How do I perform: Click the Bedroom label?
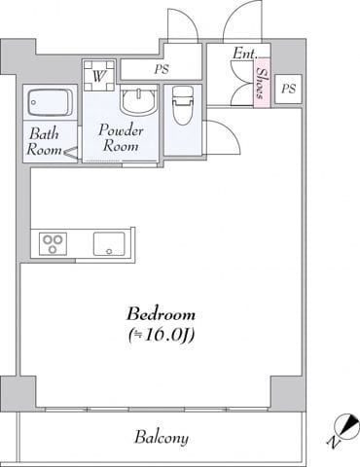(161, 314)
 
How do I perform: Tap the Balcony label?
(162, 437)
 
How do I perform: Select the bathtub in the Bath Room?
(51, 102)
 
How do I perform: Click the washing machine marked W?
(99, 75)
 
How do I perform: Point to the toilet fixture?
(182, 105)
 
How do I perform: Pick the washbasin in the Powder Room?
(139, 100)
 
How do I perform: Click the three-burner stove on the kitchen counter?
(54, 244)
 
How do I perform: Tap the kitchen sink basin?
(109, 244)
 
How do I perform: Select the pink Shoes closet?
(262, 83)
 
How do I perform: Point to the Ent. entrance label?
(245, 54)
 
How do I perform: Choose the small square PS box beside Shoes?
(288, 89)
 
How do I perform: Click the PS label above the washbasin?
(162, 69)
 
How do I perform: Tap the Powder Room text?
(121, 138)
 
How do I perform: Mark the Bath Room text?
(44, 142)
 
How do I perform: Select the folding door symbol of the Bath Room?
(72, 152)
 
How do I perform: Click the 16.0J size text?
(162, 336)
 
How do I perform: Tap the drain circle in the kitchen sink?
(109, 251)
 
